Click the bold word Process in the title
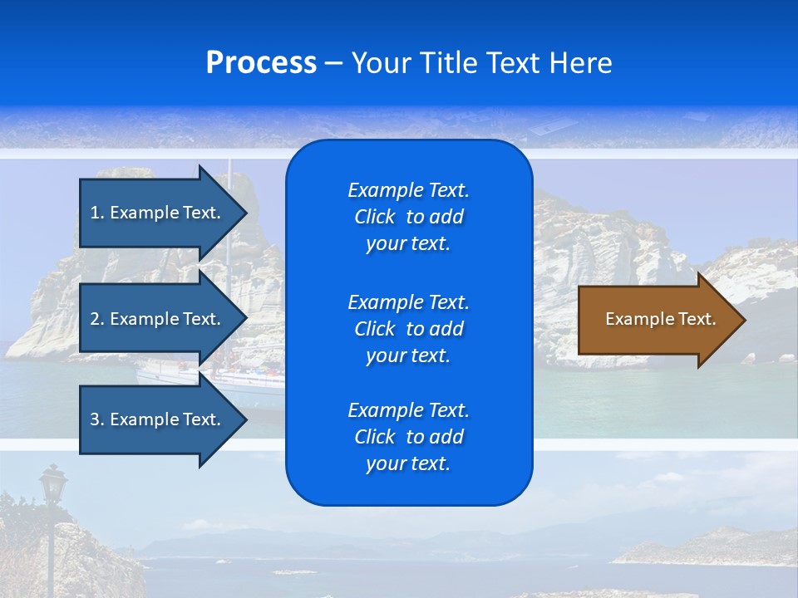coord(261,63)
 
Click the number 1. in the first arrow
coord(97,213)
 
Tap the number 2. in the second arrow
coord(97,319)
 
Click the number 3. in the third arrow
coord(97,419)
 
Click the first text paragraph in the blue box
coord(408,217)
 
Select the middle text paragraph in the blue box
coord(408,329)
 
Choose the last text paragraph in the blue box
coord(408,437)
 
